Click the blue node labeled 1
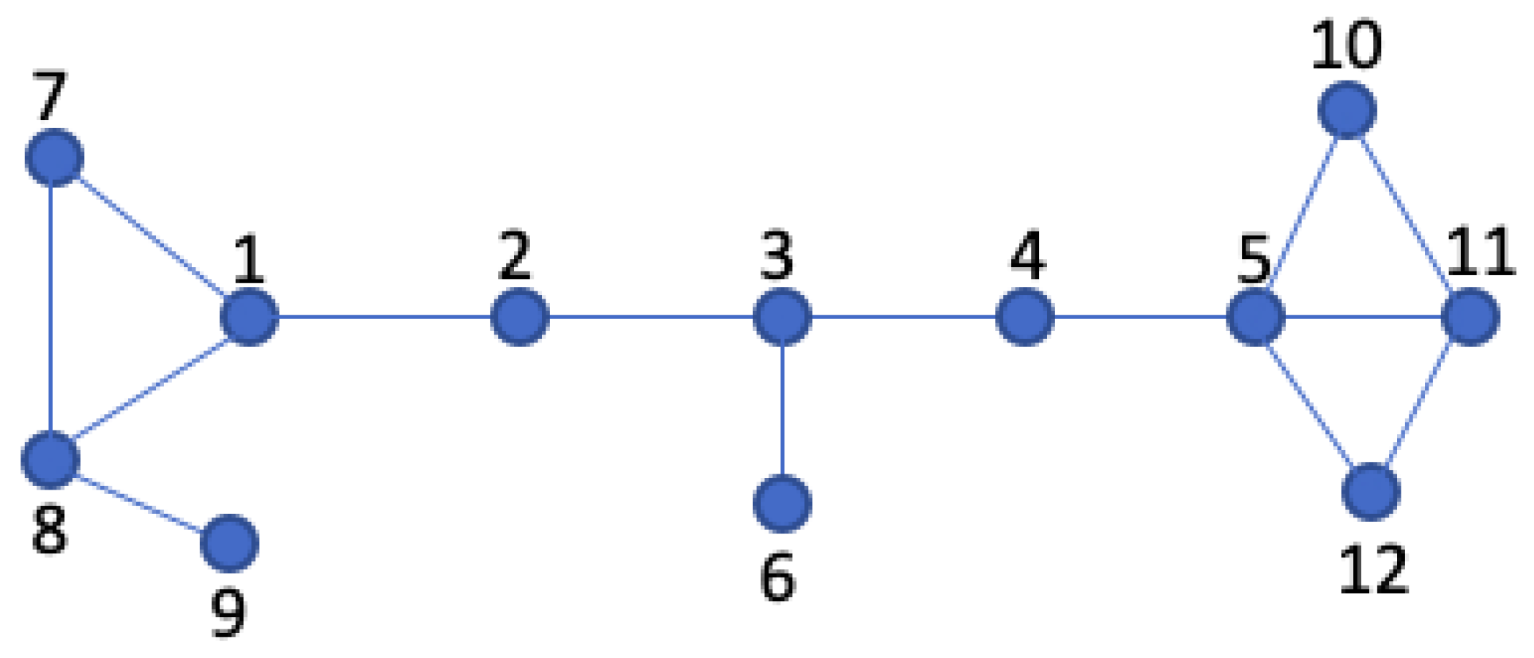click(250, 317)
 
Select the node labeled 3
click(782, 317)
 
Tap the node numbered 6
click(782, 504)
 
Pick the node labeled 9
click(229, 543)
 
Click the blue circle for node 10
click(1347, 111)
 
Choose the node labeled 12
click(1371, 492)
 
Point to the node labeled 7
click(54, 157)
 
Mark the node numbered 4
click(1025, 317)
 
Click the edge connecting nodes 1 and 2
click(384, 317)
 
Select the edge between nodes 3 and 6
click(782, 410)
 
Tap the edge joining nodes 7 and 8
click(51, 307)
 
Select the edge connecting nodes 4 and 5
click(1140, 317)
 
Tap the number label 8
click(50, 529)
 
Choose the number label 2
click(515, 255)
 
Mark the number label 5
click(1254, 261)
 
